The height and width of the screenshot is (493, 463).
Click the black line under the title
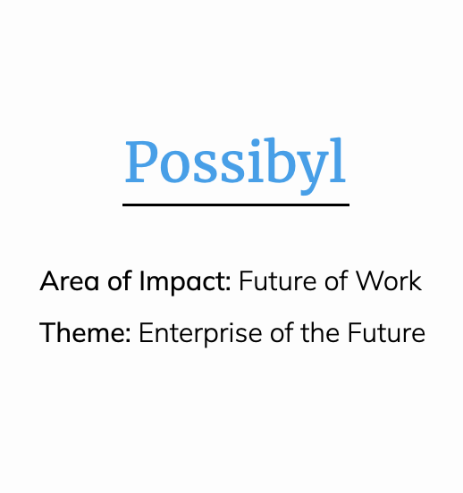(x=236, y=205)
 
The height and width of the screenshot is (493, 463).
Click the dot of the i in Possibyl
(x=253, y=143)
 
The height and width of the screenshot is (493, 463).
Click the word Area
(x=69, y=280)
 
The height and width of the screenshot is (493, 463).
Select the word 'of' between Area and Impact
(x=119, y=280)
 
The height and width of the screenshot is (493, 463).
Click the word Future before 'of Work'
(x=278, y=280)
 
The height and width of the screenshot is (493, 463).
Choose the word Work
(x=389, y=280)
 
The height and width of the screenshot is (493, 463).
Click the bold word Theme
(x=82, y=332)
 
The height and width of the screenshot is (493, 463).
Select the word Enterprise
(x=200, y=334)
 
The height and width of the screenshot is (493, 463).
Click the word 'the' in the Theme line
(x=320, y=332)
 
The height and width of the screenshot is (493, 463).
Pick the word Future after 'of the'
(x=386, y=332)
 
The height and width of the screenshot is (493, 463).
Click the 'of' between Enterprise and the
(x=281, y=332)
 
